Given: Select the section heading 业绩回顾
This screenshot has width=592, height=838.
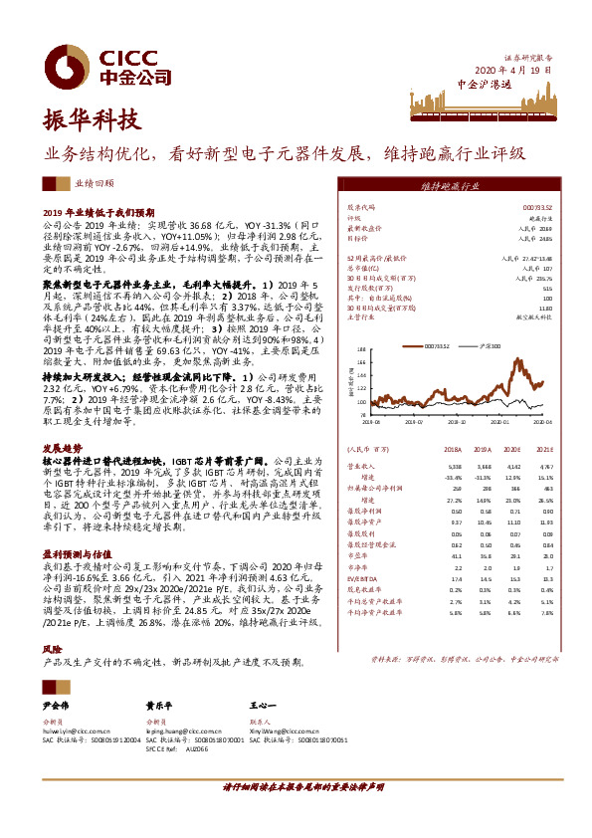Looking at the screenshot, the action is coord(95,184).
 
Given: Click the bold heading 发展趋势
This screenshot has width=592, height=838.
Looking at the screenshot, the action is coord(62,449).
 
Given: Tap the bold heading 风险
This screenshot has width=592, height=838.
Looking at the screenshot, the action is coord(51,648).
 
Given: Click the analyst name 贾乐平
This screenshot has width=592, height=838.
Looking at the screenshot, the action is coord(160,706).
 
